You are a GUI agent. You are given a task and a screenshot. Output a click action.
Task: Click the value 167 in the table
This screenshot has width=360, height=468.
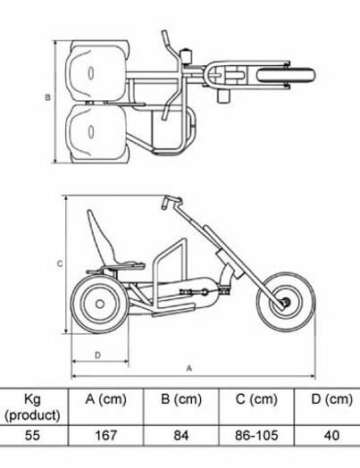pos(106,435)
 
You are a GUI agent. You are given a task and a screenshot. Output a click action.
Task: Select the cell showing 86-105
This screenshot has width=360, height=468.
pos(256,435)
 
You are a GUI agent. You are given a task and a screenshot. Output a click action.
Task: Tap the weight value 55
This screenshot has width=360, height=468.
pos(32,435)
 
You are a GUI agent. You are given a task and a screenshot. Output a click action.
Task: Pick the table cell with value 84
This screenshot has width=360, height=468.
pos(181,435)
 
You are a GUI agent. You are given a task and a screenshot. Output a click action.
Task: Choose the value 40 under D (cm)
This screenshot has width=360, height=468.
pos(331,435)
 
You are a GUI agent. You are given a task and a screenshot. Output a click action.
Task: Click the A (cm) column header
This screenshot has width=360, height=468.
pos(106,399)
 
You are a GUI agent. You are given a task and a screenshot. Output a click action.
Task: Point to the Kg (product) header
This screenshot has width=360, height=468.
pos(32,406)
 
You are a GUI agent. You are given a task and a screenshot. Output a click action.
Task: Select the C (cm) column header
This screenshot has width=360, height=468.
pos(256,399)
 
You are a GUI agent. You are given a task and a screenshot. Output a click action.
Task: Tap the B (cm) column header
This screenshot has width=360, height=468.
pos(181,399)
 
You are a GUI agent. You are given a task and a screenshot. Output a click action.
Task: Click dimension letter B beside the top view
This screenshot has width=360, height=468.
pos(47,97)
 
